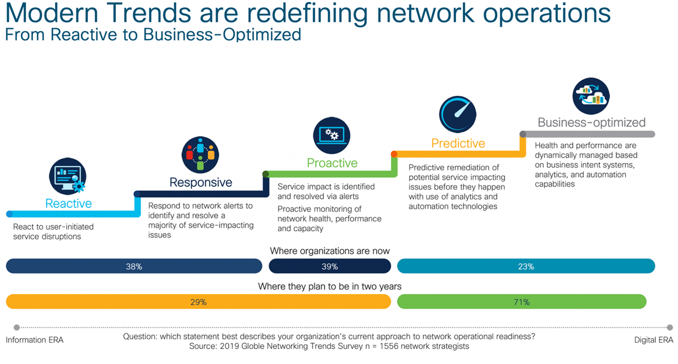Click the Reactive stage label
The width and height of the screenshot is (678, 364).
point(68,203)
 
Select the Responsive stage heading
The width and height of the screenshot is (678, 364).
point(201,182)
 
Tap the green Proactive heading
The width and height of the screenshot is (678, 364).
point(332,163)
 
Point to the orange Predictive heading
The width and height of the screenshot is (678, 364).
point(458,143)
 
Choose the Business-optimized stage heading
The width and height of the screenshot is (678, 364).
point(591,122)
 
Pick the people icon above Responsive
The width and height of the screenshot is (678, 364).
point(200,155)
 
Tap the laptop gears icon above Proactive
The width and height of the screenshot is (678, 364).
point(331,136)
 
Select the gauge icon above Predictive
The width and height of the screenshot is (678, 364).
point(458,114)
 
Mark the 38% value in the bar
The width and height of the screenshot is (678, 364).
point(134,267)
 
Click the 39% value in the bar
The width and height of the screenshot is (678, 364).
point(330,267)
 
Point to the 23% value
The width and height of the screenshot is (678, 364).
point(526,267)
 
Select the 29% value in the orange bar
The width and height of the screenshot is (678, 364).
point(198,302)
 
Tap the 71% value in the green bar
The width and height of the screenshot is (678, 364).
point(522,302)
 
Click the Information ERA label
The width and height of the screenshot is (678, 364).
point(35,340)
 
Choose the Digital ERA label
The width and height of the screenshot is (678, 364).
point(653,340)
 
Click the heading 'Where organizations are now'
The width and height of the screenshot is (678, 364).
point(330,251)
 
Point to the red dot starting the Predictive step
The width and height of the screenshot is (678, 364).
point(394,154)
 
